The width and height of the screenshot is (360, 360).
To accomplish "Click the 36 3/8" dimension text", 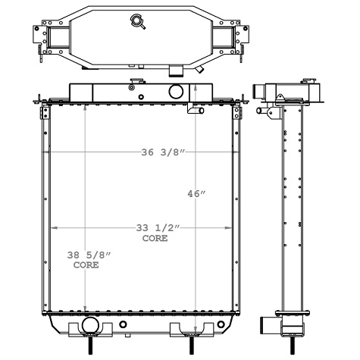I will click(162, 153).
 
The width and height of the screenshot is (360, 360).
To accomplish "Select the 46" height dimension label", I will click(196, 194).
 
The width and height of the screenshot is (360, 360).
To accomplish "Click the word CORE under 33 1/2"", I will click(155, 238).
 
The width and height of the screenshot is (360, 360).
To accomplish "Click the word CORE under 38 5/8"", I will click(85, 267).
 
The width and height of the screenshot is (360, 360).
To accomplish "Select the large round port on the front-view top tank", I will click(176, 92).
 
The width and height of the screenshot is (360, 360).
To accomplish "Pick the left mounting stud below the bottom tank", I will click(92, 345).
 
